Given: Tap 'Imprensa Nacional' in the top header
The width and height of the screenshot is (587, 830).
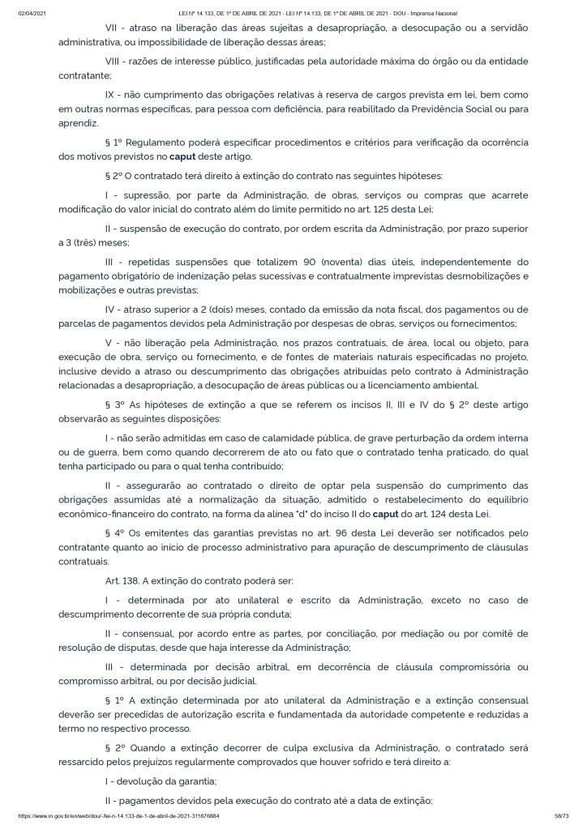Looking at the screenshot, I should [433, 14].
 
